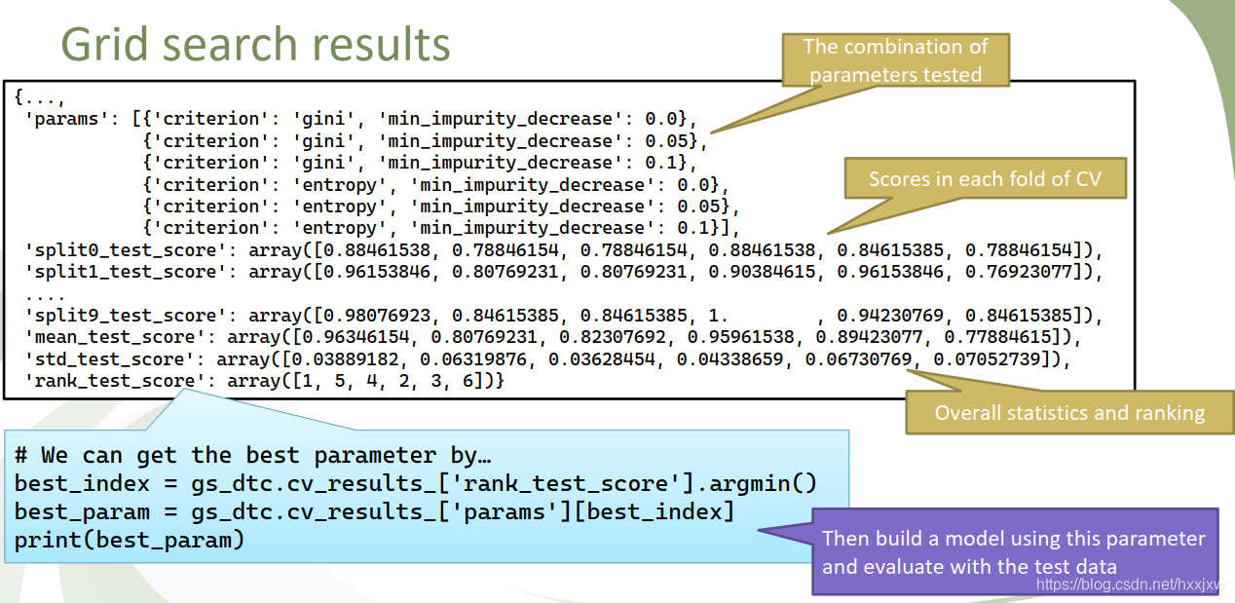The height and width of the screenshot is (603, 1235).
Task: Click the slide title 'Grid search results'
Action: (x=255, y=44)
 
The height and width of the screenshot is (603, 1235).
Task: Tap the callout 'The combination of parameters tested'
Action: (x=896, y=59)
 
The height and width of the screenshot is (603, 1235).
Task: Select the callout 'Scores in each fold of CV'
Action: (x=984, y=179)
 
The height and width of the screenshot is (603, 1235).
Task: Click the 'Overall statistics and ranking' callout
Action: (x=1069, y=412)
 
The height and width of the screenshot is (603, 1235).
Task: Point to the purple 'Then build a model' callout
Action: (x=1013, y=551)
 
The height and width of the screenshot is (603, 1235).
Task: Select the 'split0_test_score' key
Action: (x=122, y=250)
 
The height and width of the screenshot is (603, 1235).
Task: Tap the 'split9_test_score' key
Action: (x=122, y=316)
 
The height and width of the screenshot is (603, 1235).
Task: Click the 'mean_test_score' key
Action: (x=111, y=338)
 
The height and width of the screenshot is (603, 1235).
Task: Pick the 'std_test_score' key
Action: (x=106, y=359)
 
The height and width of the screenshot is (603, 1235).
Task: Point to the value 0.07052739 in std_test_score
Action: (x=997, y=359)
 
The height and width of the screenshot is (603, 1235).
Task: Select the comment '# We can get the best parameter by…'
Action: (x=253, y=455)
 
